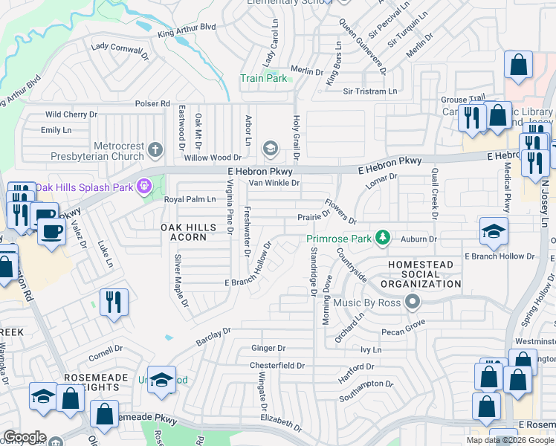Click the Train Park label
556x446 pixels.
(263, 78)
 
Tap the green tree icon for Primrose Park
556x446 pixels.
(383, 238)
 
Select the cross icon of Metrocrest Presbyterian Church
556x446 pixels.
(155, 149)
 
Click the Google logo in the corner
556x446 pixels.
(25, 437)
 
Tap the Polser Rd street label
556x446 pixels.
(152, 104)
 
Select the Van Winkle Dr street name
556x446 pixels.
(274, 183)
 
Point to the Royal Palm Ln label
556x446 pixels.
(189, 199)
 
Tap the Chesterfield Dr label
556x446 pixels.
(277, 366)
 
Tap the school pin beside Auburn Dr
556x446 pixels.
(494, 231)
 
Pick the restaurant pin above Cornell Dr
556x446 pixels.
(114, 302)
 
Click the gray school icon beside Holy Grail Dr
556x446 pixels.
(269, 149)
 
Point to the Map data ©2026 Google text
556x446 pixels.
(509, 440)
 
